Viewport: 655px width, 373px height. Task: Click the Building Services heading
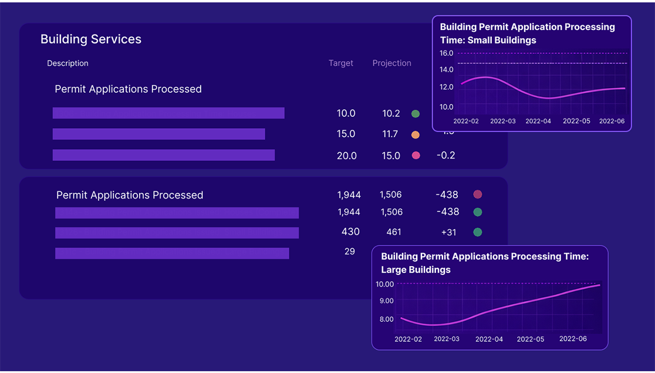(91, 39)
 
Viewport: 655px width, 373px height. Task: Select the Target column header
(341, 63)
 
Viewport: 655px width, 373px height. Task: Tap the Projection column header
(391, 63)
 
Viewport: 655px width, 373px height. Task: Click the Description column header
(67, 63)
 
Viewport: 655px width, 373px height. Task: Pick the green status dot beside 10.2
(416, 114)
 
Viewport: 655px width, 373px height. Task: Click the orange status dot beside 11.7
(416, 135)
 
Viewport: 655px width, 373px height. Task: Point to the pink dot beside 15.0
(416, 156)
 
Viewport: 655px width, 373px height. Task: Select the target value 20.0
(346, 156)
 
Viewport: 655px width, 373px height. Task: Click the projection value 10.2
(391, 114)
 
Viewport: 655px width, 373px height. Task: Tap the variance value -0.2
(446, 156)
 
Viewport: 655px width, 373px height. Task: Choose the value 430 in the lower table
(350, 232)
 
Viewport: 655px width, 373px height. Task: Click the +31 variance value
(448, 233)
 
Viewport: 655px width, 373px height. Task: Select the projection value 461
(394, 232)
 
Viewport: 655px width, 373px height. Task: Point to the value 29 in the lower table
(350, 251)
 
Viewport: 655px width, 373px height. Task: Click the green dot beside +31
(478, 232)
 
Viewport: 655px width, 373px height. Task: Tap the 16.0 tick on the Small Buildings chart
(447, 53)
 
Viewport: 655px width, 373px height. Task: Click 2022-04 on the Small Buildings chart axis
(538, 121)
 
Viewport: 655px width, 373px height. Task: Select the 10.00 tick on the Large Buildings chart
(385, 284)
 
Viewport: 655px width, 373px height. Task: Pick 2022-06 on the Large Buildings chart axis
(573, 339)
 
